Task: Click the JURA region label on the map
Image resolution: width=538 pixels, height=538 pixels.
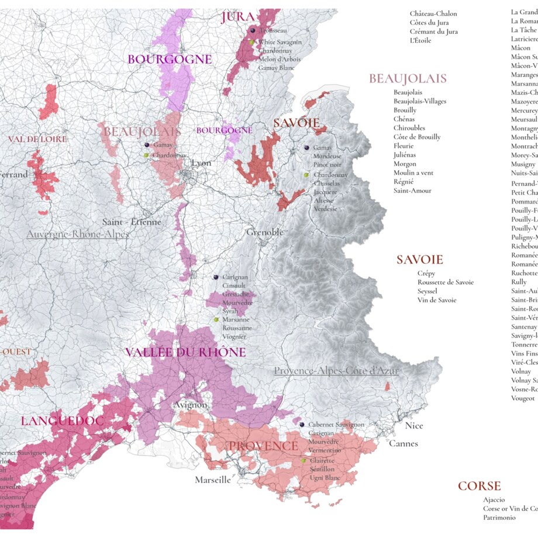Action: [x=237, y=18]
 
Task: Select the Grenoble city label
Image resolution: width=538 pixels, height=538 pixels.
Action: [x=265, y=232]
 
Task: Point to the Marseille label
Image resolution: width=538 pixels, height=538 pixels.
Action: [x=213, y=480]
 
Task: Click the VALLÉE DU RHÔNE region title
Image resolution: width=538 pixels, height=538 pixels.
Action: [x=185, y=353]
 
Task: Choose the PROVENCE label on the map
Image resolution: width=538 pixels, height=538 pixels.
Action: [x=263, y=446]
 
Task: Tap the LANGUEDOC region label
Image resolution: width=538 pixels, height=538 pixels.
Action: [x=63, y=421]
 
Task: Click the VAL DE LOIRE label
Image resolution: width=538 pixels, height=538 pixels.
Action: [x=37, y=139]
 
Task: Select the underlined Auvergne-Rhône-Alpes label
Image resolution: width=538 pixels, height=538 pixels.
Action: [x=77, y=234]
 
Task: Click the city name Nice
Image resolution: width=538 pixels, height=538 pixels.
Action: [x=414, y=426]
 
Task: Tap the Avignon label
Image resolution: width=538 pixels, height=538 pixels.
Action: [x=190, y=405]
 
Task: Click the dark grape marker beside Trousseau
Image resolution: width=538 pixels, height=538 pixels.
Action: [x=252, y=30]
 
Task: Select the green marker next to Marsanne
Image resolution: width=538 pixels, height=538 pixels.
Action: [x=216, y=320]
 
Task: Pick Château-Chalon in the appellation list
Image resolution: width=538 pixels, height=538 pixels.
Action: [x=433, y=13]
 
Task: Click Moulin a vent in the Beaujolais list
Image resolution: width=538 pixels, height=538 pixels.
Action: [x=413, y=173]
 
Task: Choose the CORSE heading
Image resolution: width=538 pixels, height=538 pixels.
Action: [x=479, y=486]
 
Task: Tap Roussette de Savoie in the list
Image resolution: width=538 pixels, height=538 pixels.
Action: [x=445, y=282]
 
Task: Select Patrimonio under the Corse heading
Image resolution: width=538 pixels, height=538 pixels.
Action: [x=499, y=518]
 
